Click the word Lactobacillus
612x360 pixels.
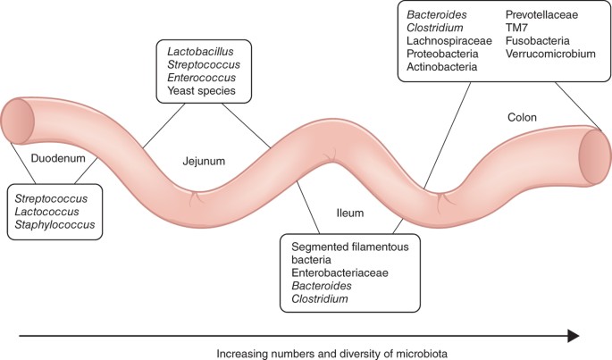coord(200,49)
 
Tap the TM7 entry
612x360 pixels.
coord(517,27)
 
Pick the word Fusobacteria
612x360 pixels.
coord(537,41)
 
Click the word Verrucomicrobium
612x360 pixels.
coord(549,54)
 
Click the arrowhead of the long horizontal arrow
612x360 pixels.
coord(570,336)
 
